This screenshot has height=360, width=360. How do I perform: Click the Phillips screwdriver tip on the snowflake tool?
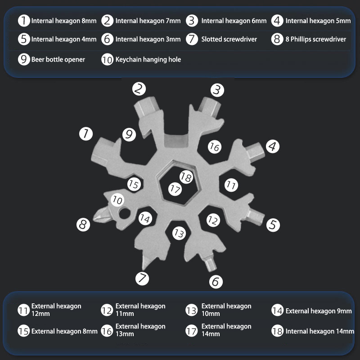coord(101,215)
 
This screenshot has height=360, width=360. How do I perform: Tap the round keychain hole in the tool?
coord(125,213)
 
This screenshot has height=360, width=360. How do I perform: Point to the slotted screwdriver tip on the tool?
coord(146,261)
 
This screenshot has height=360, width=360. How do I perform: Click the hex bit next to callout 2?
coord(145,106)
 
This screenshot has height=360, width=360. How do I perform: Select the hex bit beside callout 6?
coord(210,263)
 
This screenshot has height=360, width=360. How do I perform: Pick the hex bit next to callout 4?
coord(255,152)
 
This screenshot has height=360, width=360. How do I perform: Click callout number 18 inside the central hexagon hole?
coord(186,177)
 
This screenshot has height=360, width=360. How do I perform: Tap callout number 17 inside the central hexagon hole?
coord(175,189)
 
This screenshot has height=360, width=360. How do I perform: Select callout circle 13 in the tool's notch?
coord(179,233)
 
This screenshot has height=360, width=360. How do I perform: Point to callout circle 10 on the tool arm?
coord(117,200)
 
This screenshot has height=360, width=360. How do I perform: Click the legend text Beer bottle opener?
coord(58,59)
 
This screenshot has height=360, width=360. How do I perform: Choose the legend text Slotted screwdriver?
coord(229,39)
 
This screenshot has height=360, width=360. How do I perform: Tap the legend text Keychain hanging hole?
coord(148,59)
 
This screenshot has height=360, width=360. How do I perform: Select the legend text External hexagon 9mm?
coord(319,311)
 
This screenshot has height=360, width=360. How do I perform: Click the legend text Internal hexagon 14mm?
coord(320,331)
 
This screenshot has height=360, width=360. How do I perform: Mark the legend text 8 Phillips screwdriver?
coord(316,39)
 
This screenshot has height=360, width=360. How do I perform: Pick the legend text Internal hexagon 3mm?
coord(148,39)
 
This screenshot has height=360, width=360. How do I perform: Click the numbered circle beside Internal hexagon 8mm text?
coord(24,21)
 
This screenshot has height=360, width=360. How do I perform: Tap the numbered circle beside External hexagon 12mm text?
coord(24,310)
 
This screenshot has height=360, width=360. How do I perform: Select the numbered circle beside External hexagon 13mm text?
coord(107,331)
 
